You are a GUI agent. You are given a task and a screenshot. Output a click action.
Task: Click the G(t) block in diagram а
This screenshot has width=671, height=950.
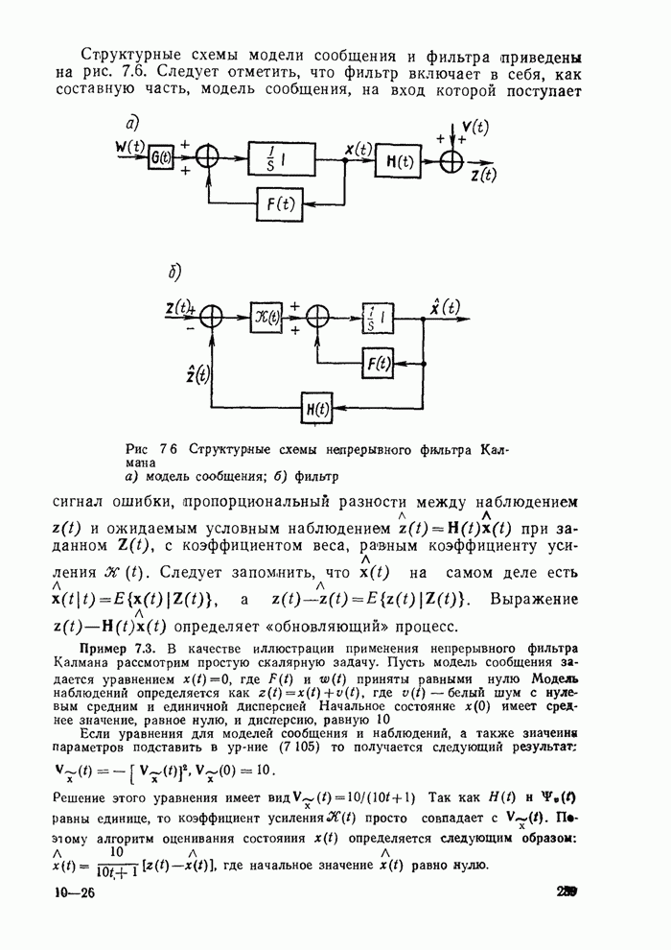tap(160, 162)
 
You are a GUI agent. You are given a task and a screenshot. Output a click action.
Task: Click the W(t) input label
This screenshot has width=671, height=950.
tap(127, 147)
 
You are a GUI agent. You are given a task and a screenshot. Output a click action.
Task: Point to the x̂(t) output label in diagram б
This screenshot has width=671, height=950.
tap(443, 307)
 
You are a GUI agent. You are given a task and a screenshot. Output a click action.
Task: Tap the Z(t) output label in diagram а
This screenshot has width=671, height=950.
tap(483, 176)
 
